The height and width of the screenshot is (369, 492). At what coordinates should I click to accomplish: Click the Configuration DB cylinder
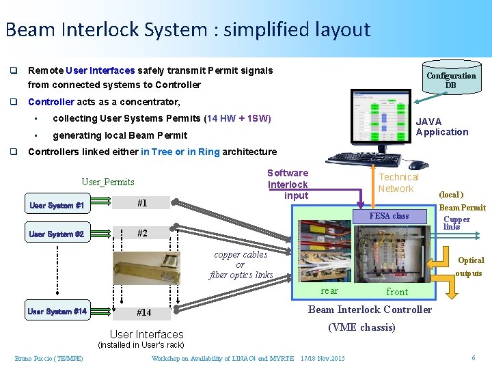pos(451,80)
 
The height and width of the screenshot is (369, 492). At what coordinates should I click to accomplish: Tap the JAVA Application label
pos(441,127)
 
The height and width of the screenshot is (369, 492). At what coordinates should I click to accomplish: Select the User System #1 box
pos(57,206)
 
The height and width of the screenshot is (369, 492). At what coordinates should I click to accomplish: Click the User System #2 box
pos(57,234)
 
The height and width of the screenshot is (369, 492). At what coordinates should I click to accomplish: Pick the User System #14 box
pos(57,312)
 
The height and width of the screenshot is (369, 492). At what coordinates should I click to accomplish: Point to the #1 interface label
pos(142,203)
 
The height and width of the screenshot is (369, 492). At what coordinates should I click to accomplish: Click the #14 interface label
pos(143,312)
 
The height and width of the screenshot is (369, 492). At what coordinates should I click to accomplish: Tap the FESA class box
pos(389,216)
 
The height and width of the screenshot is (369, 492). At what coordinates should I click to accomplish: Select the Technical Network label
pos(398,183)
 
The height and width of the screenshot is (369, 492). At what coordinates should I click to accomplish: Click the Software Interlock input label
pos(288,184)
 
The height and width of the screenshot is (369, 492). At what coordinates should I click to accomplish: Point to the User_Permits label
pos(108,182)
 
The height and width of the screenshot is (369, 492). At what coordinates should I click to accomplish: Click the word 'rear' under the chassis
pos(329,291)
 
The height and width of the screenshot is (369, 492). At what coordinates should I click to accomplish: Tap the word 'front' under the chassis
pos(397,292)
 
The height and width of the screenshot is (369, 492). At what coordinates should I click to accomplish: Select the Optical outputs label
pos(470,266)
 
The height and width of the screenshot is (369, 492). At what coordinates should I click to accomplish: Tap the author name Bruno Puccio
pos(49,359)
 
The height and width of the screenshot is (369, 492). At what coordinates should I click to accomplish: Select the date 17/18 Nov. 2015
pos(323,359)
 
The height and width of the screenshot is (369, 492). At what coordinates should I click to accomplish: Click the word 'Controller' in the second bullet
pos(51,102)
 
